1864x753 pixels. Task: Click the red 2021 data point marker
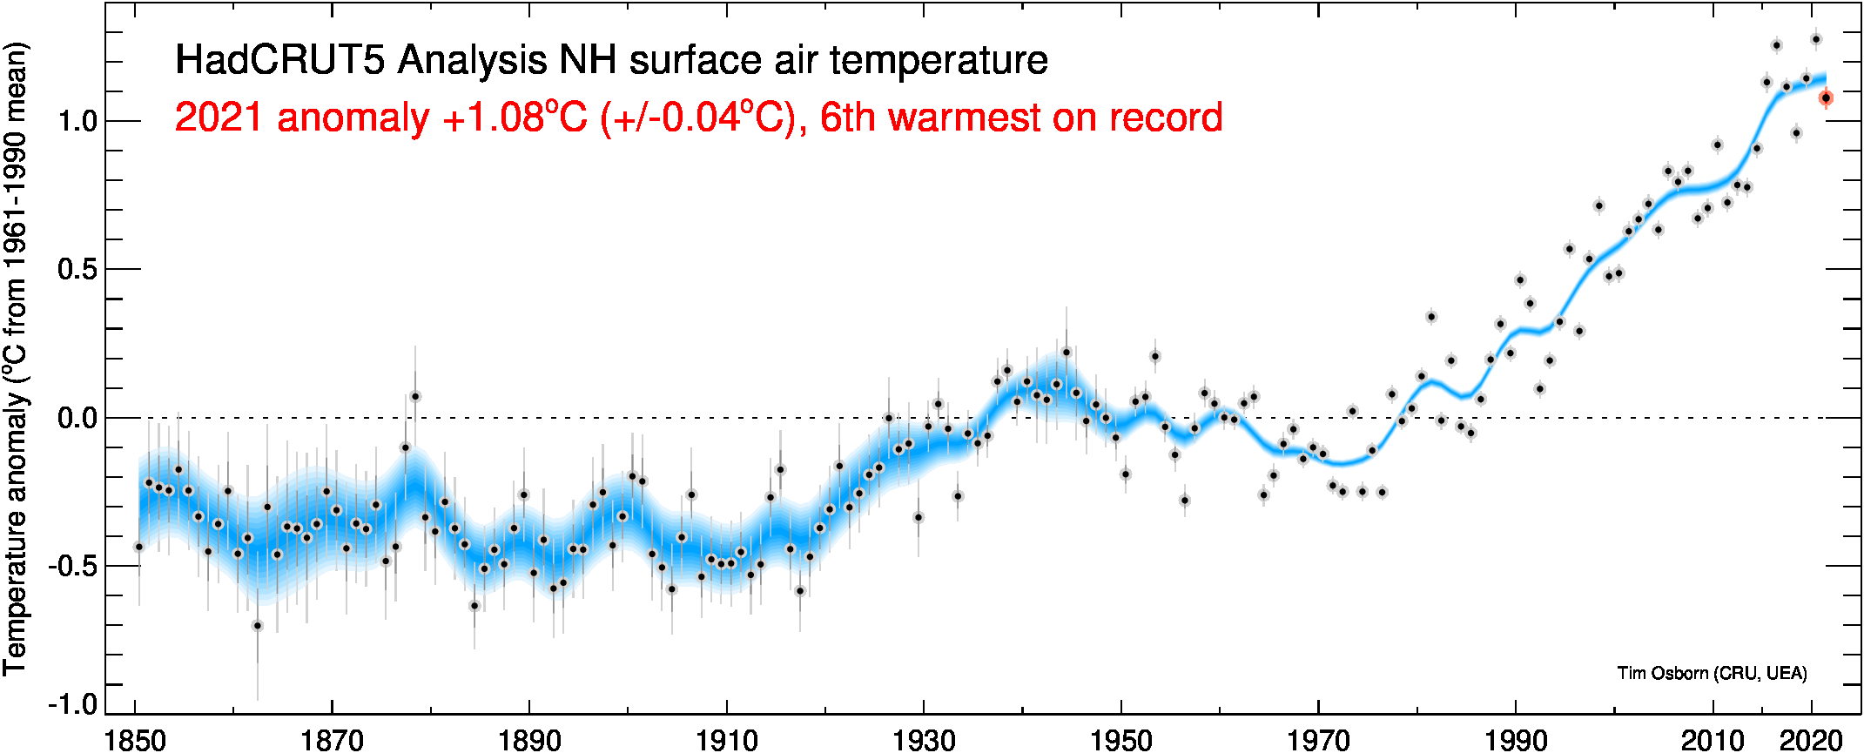(1826, 98)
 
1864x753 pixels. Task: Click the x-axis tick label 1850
(135, 741)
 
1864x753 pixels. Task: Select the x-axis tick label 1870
(332, 741)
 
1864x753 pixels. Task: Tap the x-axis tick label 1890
(529, 741)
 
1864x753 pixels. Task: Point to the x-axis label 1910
(727, 741)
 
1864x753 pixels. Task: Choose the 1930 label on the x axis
(924, 741)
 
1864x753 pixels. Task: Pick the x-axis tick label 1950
(1121, 741)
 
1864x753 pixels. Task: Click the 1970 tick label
(1318, 741)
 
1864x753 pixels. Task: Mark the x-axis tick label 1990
(1516, 741)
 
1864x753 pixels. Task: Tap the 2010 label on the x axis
(1713, 741)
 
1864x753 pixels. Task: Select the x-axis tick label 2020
(1811, 741)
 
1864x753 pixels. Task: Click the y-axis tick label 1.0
(77, 121)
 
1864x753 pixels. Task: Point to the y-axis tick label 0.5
(77, 269)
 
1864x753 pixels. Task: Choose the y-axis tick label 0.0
(77, 418)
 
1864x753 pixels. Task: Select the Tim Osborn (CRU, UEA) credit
(1712, 673)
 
